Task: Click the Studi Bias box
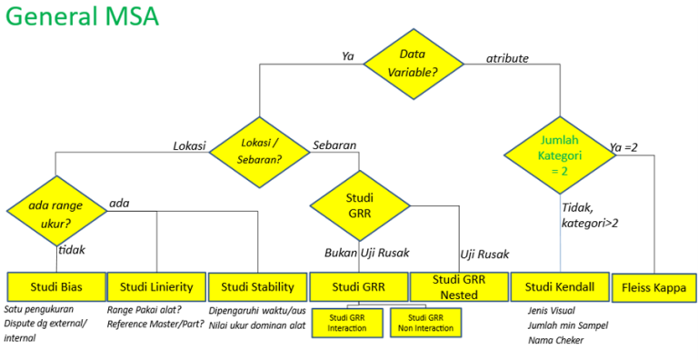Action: click(55, 286)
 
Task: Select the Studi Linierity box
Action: click(156, 286)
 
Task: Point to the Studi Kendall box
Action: click(560, 286)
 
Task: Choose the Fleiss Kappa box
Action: click(653, 286)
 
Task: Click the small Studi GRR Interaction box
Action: click(348, 322)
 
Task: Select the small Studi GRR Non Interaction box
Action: click(425, 322)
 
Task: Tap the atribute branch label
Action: click(507, 58)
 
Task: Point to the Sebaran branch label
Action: click(334, 145)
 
